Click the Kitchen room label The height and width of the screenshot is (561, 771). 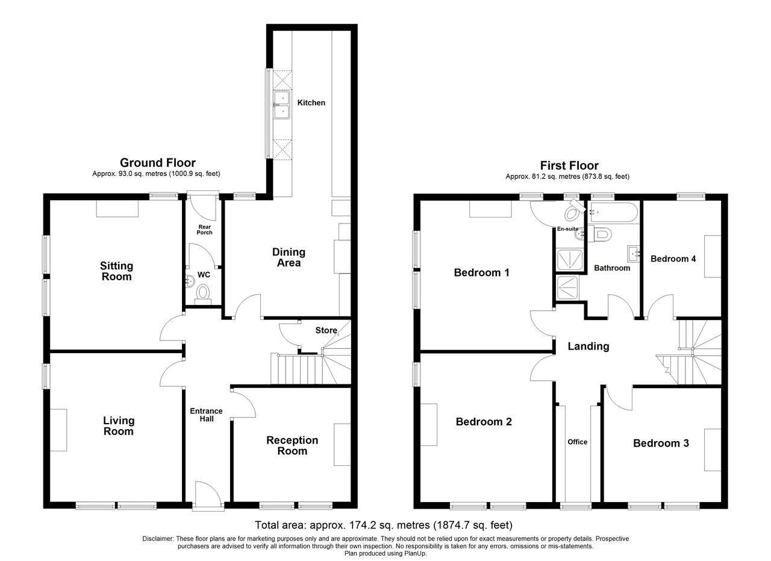311,102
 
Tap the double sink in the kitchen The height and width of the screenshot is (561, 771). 282,105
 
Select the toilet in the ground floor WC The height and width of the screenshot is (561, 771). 203,295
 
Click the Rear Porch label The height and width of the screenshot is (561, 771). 204,230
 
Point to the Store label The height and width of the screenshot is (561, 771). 326,330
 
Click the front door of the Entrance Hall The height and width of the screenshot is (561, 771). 208,495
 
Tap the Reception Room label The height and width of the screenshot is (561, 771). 292,445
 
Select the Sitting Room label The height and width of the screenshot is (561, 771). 117,271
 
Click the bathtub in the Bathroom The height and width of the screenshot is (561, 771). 614,212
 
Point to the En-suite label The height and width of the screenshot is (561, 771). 567,229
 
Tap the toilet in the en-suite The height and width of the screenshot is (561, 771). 575,210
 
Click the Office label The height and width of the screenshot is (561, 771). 577,442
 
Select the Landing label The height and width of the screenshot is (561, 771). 588,346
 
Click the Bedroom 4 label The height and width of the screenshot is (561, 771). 673,259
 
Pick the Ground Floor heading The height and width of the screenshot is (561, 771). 158,163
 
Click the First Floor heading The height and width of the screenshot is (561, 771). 569,166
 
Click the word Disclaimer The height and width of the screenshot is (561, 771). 158,539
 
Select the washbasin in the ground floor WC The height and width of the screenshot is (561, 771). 190,281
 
